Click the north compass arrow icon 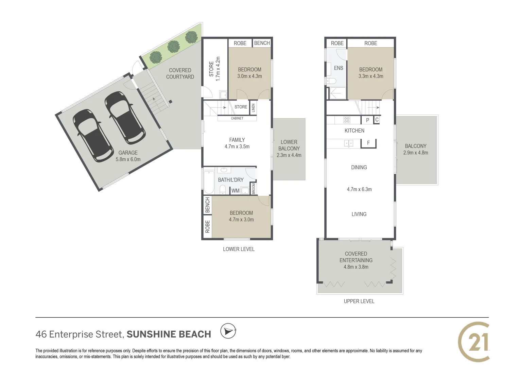click(228, 331)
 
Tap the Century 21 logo click(474, 342)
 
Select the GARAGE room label click(128, 153)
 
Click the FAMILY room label click(237, 140)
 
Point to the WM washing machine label click(236, 191)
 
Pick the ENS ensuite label click(339, 68)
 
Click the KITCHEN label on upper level click(354, 130)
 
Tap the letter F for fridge click(368, 143)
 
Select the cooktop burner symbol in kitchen click(347, 120)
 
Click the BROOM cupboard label click(254, 189)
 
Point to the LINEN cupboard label click(253, 108)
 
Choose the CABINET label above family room click(237, 118)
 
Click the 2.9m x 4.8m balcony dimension click(415, 153)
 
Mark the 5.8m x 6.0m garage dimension click(128, 159)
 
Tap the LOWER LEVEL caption click(239, 249)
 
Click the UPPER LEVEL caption click(359, 301)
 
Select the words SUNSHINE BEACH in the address click(169, 334)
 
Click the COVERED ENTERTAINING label click(356, 257)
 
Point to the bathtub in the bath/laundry click(208, 182)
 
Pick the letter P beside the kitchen click(367, 120)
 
